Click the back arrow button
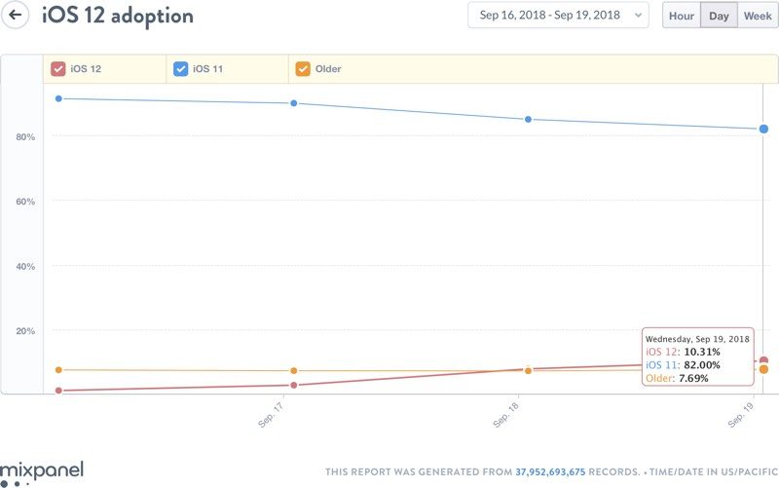[16, 16]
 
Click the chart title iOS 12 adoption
[117, 17]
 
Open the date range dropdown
[557, 16]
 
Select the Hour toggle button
[682, 16]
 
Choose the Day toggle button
[719, 16]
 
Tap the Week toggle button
[757, 16]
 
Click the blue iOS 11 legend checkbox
[180, 69]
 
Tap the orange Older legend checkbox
[303, 69]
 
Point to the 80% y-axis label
[25, 137]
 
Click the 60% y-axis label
[25, 202]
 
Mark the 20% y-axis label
[25, 331]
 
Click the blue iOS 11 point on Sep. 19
[763, 129]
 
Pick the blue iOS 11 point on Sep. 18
[528, 120]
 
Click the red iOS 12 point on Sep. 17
[293, 385]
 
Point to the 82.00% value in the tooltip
[700, 364]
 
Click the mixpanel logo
[42, 471]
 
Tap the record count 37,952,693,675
[550, 471]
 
